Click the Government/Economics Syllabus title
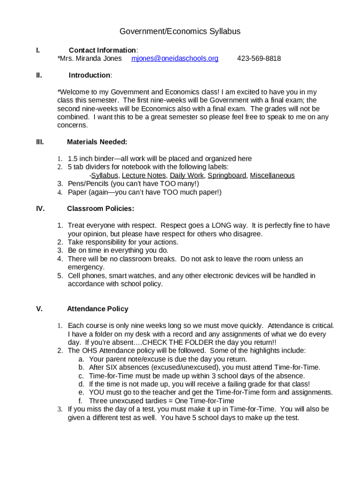(180, 31)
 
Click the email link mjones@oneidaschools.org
(175, 58)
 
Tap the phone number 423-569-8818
(259, 58)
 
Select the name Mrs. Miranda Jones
(89, 58)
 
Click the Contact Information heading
(102, 50)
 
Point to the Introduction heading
(89, 75)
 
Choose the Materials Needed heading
(97, 142)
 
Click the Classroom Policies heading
(101, 208)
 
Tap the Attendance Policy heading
(97, 309)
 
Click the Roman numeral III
(40, 142)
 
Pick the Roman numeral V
(39, 309)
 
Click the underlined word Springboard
(227, 175)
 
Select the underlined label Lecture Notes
(144, 175)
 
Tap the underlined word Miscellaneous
(273, 175)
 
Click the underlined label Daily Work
(187, 175)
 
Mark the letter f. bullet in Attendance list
(80, 401)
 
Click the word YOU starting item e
(96, 393)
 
